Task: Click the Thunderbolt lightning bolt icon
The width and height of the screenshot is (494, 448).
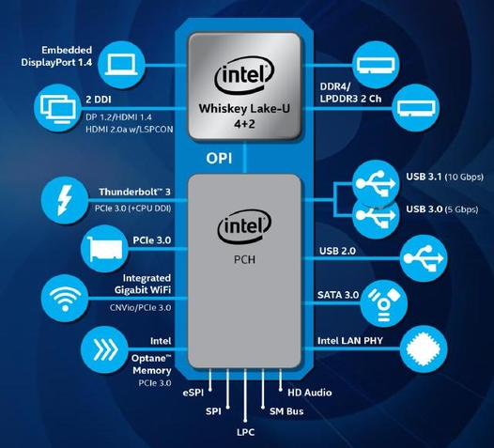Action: (65, 200)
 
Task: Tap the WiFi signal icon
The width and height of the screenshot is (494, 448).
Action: (65, 299)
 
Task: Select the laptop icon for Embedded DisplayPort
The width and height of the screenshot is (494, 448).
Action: (121, 65)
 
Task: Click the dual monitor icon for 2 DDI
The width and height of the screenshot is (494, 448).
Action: (58, 109)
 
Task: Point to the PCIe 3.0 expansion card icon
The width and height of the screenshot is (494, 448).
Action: (104, 249)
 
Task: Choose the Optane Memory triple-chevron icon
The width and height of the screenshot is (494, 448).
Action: (105, 349)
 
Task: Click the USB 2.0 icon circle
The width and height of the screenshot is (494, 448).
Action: (424, 258)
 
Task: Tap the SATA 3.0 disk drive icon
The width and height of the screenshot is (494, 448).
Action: (384, 303)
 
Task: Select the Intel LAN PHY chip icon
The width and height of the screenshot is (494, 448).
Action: (424, 349)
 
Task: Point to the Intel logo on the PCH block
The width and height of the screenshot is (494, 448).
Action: (244, 226)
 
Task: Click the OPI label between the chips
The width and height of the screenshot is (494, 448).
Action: (219, 158)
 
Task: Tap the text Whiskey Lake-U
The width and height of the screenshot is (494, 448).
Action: (244, 109)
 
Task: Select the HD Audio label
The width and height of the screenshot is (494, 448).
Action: (310, 393)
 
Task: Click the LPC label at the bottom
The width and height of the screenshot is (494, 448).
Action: (246, 432)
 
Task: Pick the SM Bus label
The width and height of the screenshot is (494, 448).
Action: (286, 411)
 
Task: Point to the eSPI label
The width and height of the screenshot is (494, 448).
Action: (193, 393)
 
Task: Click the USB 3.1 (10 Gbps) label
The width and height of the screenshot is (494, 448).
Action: (444, 177)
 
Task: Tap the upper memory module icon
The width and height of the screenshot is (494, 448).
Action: (376, 66)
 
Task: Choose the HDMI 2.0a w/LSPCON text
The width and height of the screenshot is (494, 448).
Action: (130, 130)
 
